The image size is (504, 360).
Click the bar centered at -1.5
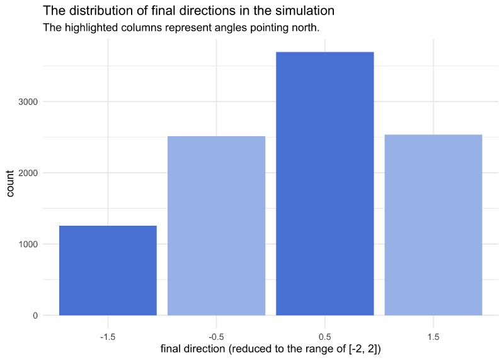[108, 270]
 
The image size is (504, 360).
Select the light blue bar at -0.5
[216, 226]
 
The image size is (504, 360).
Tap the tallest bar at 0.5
[325, 183]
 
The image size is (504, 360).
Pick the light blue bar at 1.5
[433, 225]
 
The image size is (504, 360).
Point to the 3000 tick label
[28, 102]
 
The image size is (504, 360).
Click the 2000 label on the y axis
[28, 173]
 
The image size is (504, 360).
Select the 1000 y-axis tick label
[28, 244]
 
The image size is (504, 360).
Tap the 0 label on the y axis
[35, 316]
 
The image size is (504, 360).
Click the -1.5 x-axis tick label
[108, 337]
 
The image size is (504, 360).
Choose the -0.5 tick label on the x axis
[216, 337]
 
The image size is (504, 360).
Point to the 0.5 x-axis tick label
[324, 337]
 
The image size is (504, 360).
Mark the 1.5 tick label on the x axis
[433, 337]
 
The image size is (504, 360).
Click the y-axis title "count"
[10, 183]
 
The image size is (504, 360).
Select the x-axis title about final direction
[271, 349]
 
